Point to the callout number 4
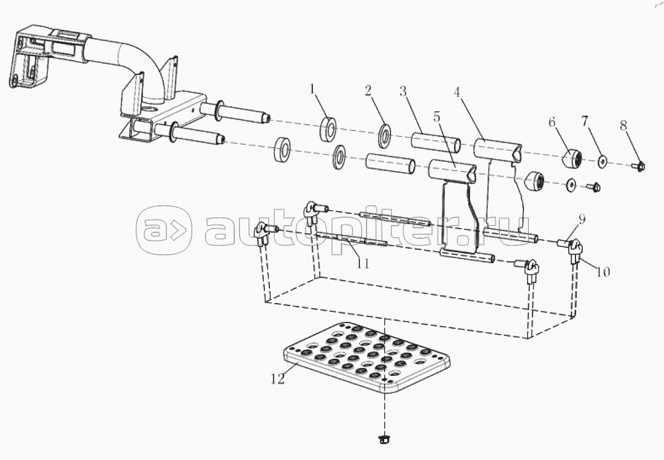pos(456,92)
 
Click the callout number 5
pos(436,116)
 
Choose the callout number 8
pos(623,125)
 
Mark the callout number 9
pos(582,220)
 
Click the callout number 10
pos(603,272)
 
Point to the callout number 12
pos(278,379)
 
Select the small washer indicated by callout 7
pos(603,161)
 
